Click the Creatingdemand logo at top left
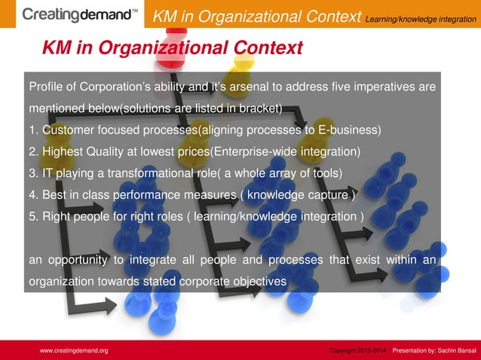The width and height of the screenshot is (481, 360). point(80,14)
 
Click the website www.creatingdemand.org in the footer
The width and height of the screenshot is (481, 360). point(74,351)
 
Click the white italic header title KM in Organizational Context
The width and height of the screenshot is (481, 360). point(256,16)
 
